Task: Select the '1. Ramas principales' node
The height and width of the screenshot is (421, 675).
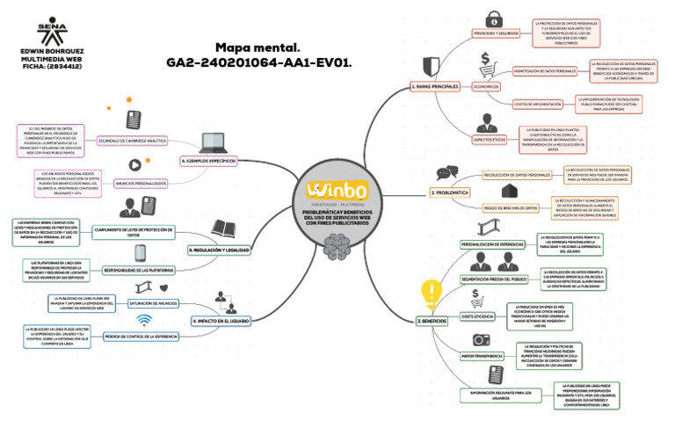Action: pos(435,87)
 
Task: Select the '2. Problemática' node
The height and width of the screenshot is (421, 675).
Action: pos(449,191)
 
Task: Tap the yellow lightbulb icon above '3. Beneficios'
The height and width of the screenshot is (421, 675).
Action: pos(431,291)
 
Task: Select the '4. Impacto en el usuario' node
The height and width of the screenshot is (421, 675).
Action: pos(220,322)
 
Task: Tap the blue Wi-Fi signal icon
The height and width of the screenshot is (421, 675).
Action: pos(144,319)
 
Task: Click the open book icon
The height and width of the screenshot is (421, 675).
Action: pos(222,229)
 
